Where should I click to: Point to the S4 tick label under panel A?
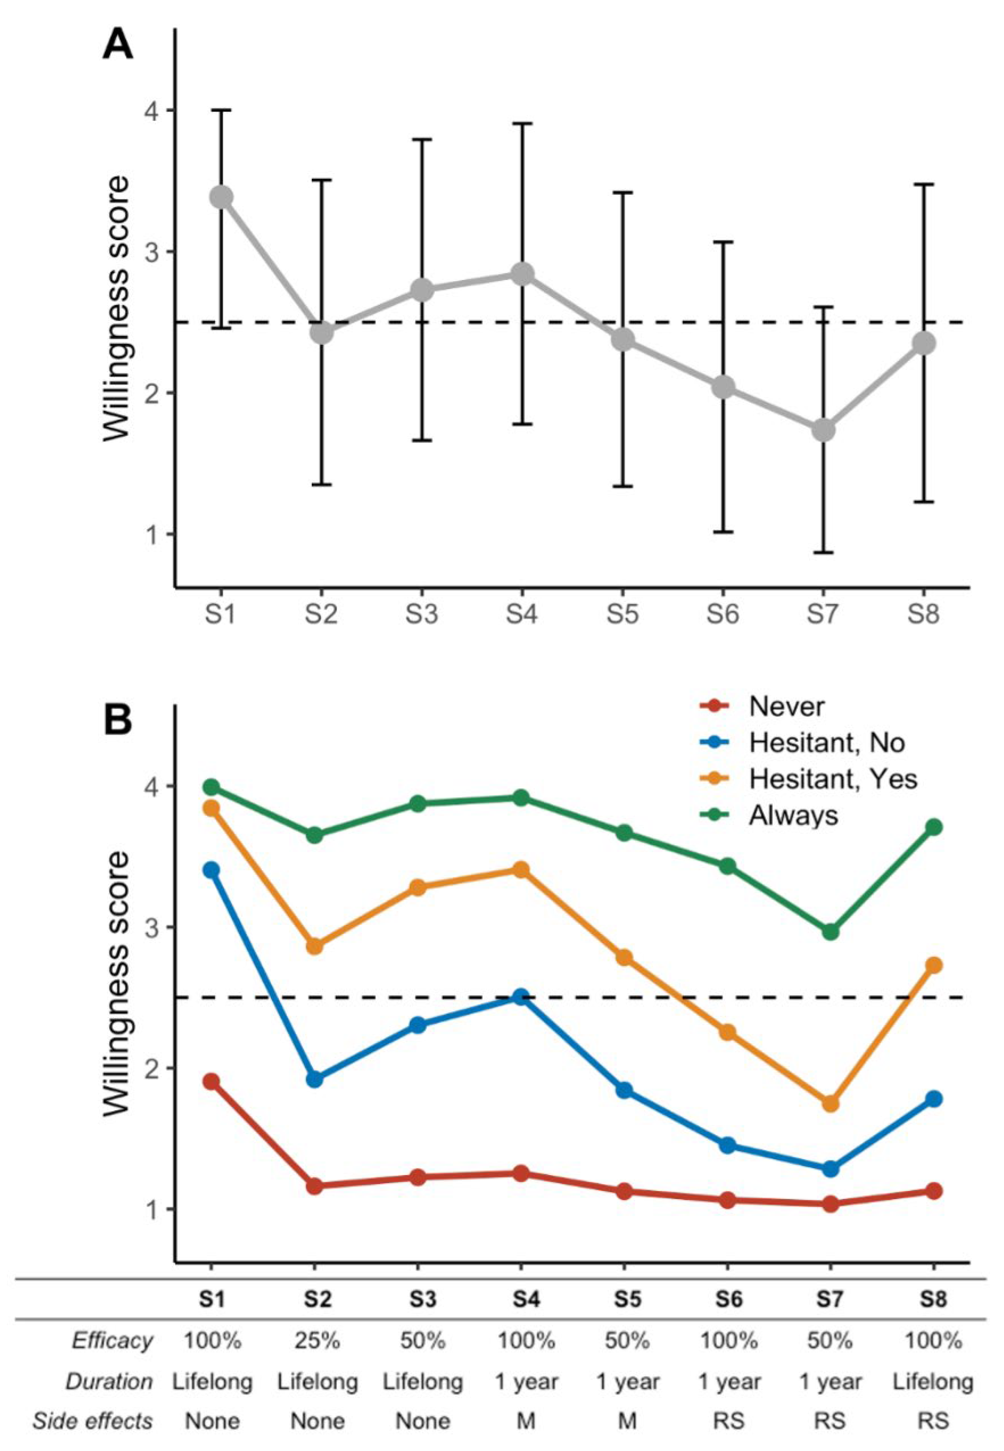(x=521, y=614)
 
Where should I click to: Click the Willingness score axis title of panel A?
(x=117, y=308)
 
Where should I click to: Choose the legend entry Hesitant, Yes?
(x=809, y=779)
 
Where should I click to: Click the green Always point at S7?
(x=830, y=932)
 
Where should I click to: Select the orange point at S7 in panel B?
(x=830, y=1103)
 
